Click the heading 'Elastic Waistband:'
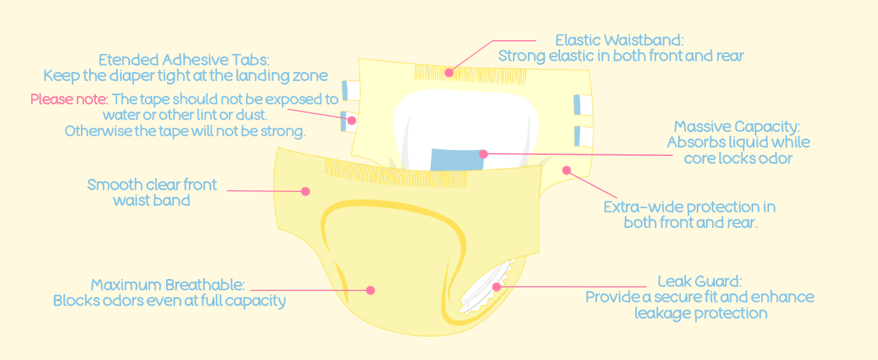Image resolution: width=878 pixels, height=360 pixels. coord(620,40)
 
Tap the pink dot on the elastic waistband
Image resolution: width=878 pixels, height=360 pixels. coord(449,73)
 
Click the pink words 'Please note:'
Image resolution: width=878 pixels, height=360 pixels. coord(69,99)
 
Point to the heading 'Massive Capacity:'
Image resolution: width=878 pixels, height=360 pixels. coord(737,127)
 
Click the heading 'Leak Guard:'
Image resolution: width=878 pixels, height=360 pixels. coord(700,281)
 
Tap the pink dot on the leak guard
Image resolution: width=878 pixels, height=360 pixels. coord(497,287)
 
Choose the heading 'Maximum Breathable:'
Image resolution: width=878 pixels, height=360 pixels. coord(168,285)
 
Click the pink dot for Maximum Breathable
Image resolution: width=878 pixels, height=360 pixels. coord(370,290)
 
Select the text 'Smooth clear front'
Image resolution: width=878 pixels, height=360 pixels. coord(152,185)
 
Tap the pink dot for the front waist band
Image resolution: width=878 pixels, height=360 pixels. coord(305,191)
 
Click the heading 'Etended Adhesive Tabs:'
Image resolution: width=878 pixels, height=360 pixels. coord(184,60)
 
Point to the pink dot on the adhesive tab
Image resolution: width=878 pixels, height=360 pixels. coord(351,121)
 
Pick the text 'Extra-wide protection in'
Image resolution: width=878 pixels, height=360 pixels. coord(689,207)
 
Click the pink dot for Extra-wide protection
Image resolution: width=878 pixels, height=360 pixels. coord(566,170)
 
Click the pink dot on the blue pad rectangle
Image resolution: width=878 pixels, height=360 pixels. coord(483,154)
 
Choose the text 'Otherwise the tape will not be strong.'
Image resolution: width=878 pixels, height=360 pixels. coord(185,131)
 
